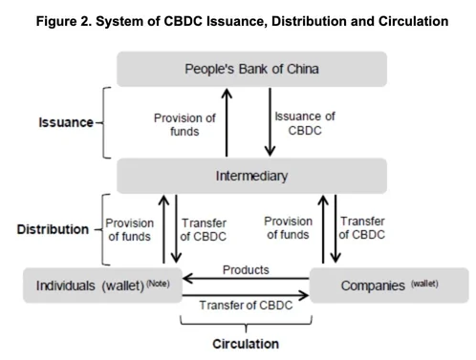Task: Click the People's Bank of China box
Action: click(251, 69)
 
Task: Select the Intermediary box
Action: click(251, 176)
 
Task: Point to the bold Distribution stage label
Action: click(47, 230)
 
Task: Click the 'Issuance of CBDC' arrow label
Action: click(304, 123)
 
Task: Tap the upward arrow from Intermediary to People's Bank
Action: click(227, 121)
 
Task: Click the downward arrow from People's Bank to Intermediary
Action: click(270, 121)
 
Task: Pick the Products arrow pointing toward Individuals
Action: click(246, 280)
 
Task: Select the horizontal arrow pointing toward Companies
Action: click(246, 291)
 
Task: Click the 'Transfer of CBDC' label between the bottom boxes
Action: click(246, 305)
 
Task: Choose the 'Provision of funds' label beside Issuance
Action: click(185, 123)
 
